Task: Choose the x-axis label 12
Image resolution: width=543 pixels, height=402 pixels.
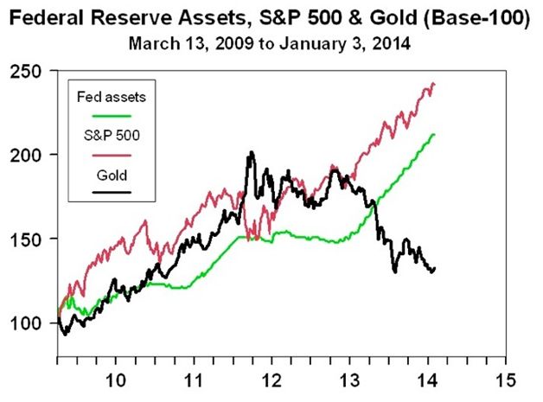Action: pos(271,381)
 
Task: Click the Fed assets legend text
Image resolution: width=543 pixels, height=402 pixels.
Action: pos(108,97)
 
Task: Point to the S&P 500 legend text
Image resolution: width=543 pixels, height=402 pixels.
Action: pos(108,136)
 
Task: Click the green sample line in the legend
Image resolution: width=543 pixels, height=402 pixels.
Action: pos(108,114)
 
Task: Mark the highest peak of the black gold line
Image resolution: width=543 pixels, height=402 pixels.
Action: pos(251,153)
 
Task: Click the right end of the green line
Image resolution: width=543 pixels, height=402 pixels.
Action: pos(433,134)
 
